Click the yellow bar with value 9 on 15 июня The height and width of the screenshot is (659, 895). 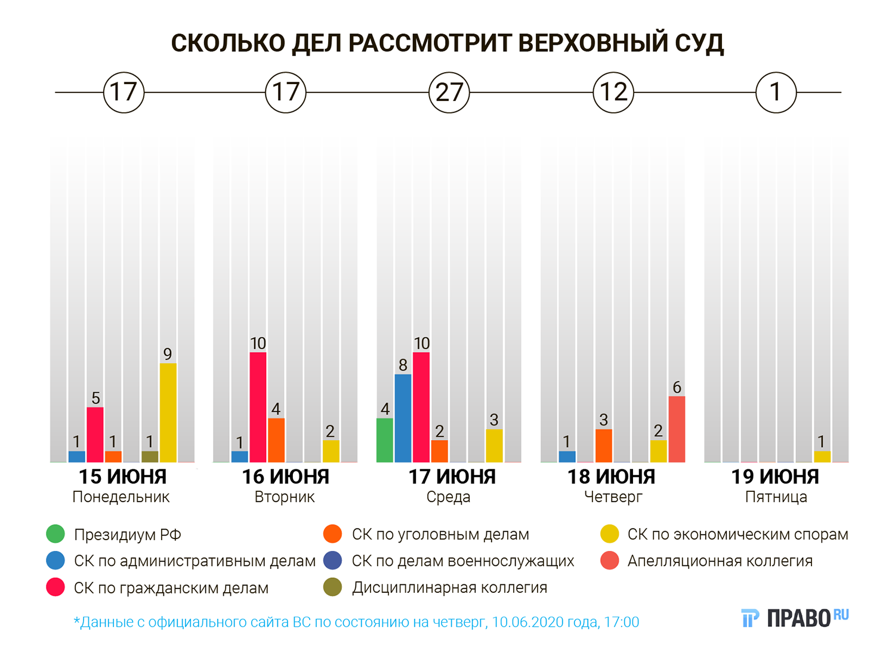[168, 412]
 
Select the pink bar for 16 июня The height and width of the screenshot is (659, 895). [258, 407]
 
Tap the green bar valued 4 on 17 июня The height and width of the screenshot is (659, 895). [385, 440]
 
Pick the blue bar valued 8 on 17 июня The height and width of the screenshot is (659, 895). [403, 418]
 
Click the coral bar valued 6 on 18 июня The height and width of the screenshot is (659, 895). [677, 429]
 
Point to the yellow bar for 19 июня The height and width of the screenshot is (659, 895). [822, 456]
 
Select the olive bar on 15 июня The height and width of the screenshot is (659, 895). [150, 456]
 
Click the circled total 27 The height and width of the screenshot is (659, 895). [449, 93]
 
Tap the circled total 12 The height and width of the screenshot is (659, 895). [613, 93]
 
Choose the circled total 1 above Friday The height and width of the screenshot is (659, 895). [776, 93]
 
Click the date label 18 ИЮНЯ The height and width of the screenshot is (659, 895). [612, 477]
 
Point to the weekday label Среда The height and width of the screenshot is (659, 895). [448, 497]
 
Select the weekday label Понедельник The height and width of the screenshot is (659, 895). [121, 497]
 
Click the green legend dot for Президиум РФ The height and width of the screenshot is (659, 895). [55, 534]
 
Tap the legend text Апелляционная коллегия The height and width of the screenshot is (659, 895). [720, 561]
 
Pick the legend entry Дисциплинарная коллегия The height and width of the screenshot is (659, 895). [449, 588]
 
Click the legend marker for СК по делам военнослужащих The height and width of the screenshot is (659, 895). [332, 561]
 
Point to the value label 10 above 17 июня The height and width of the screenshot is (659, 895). [421, 343]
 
